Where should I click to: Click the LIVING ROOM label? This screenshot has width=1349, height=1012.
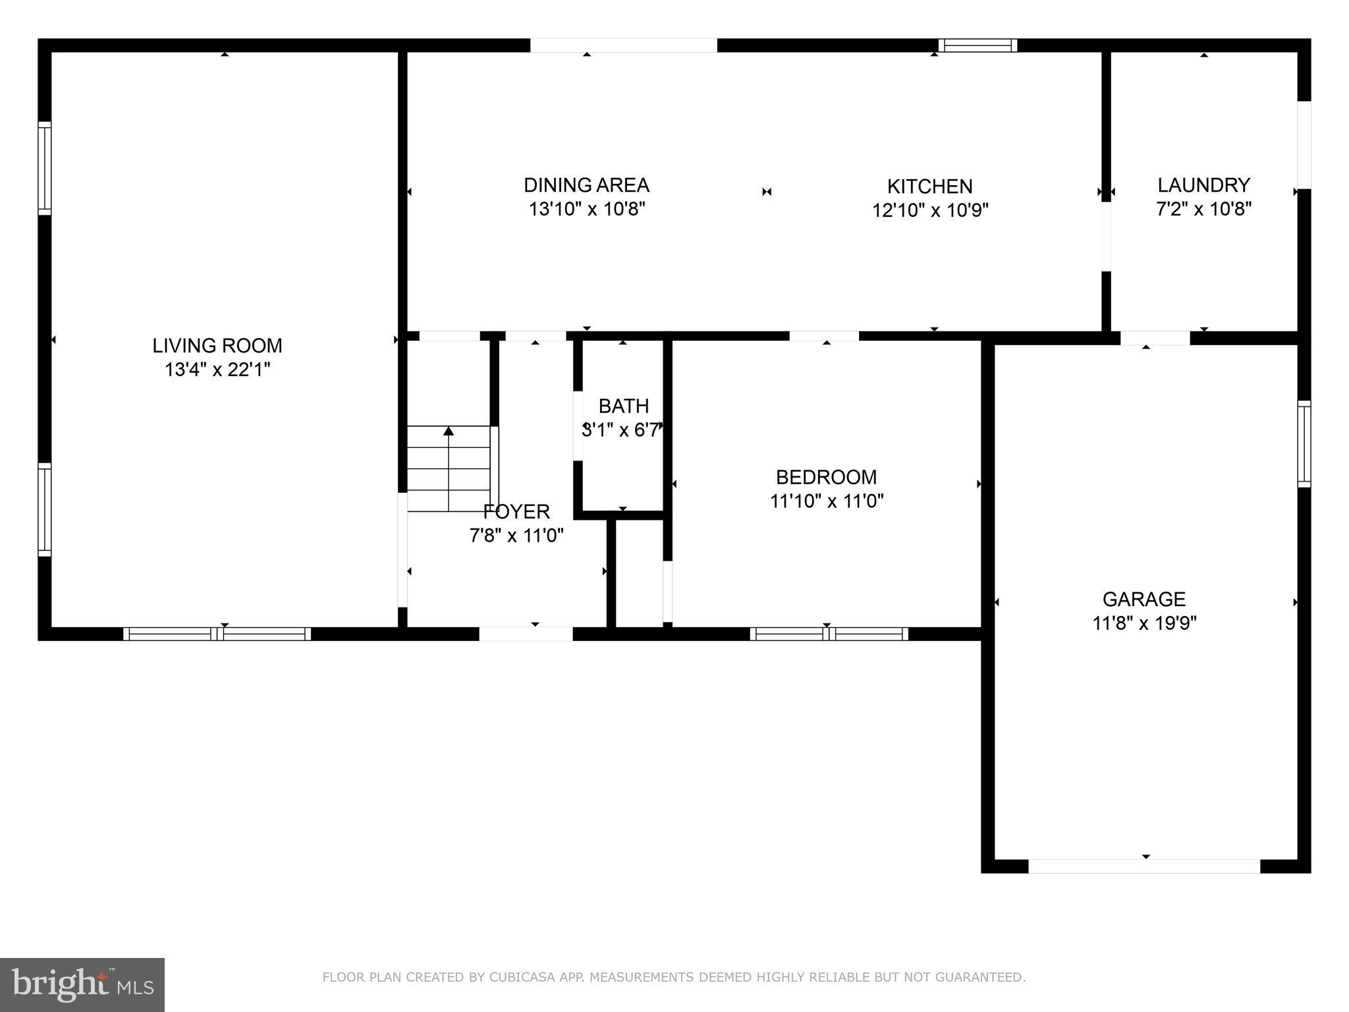[x=217, y=345]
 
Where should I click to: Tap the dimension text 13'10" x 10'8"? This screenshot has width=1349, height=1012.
[x=586, y=209]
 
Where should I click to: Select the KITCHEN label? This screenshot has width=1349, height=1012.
[x=929, y=186]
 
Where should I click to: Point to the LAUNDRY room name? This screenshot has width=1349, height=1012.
[x=1203, y=185]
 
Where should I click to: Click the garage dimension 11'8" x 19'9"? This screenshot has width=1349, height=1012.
[x=1144, y=623]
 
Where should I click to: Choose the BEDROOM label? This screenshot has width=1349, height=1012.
[x=826, y=477]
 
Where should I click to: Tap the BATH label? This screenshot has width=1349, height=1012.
[x=623, y=406]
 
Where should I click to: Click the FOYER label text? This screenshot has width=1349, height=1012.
[x=516, y=511]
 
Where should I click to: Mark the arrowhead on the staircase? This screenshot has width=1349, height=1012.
[x=449, y=432]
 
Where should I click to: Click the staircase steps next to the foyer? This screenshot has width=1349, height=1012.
[x=449, y=469]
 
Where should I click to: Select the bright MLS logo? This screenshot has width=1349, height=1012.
[x=82, y=984]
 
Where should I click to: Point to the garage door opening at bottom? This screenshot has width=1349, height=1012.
[x=1144, y=866]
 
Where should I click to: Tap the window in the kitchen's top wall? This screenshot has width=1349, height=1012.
[x=977, y=45]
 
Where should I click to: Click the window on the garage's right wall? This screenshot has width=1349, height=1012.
[x=1304, y=444]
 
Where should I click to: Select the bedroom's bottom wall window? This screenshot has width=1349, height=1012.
[x=829, y=634]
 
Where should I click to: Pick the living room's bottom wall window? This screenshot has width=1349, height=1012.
[x=217, y=634]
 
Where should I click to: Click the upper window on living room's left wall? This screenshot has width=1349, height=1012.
[x=45, y=168]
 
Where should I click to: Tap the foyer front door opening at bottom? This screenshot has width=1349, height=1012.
[x=526, y=634]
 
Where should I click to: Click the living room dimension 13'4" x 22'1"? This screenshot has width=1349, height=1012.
[x=217, y=370]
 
